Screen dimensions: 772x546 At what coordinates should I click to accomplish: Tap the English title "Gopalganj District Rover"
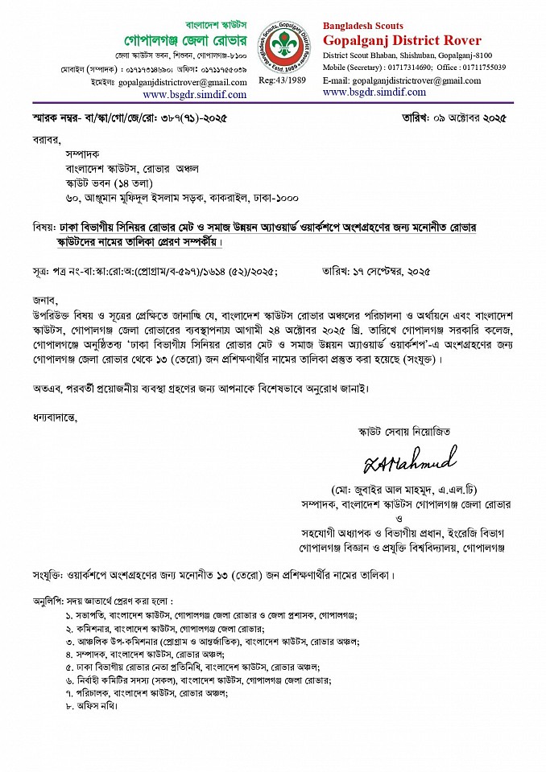point(402,40)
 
